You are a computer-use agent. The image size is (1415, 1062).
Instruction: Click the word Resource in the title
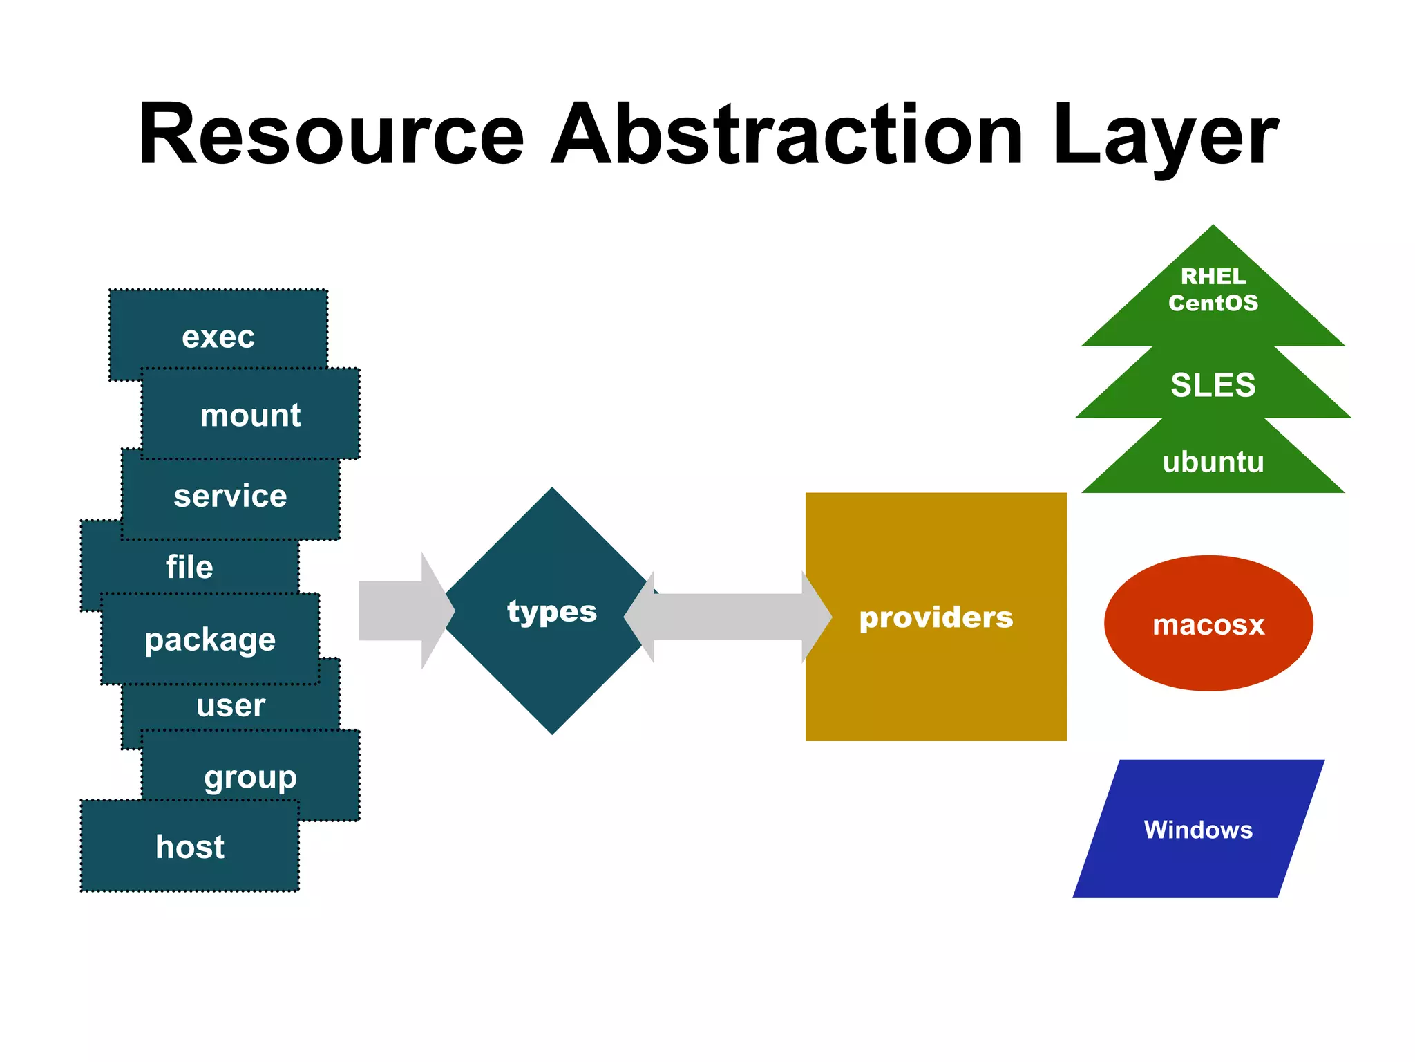332,135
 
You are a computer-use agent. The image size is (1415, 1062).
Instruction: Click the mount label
250,416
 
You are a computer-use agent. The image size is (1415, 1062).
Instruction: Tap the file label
189,567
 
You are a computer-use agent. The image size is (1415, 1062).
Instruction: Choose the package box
210,640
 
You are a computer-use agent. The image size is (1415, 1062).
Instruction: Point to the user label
231,706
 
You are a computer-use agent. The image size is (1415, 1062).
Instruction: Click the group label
250,777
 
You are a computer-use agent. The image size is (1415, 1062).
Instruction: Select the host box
190,847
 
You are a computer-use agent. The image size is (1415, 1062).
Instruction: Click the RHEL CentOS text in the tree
1213,290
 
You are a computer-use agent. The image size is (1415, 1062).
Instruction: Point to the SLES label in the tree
1213,385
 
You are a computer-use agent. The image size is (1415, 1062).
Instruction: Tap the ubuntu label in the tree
1213,462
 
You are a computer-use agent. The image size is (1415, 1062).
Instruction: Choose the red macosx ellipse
1208,624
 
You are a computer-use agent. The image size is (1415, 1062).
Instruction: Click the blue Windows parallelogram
1198,829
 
